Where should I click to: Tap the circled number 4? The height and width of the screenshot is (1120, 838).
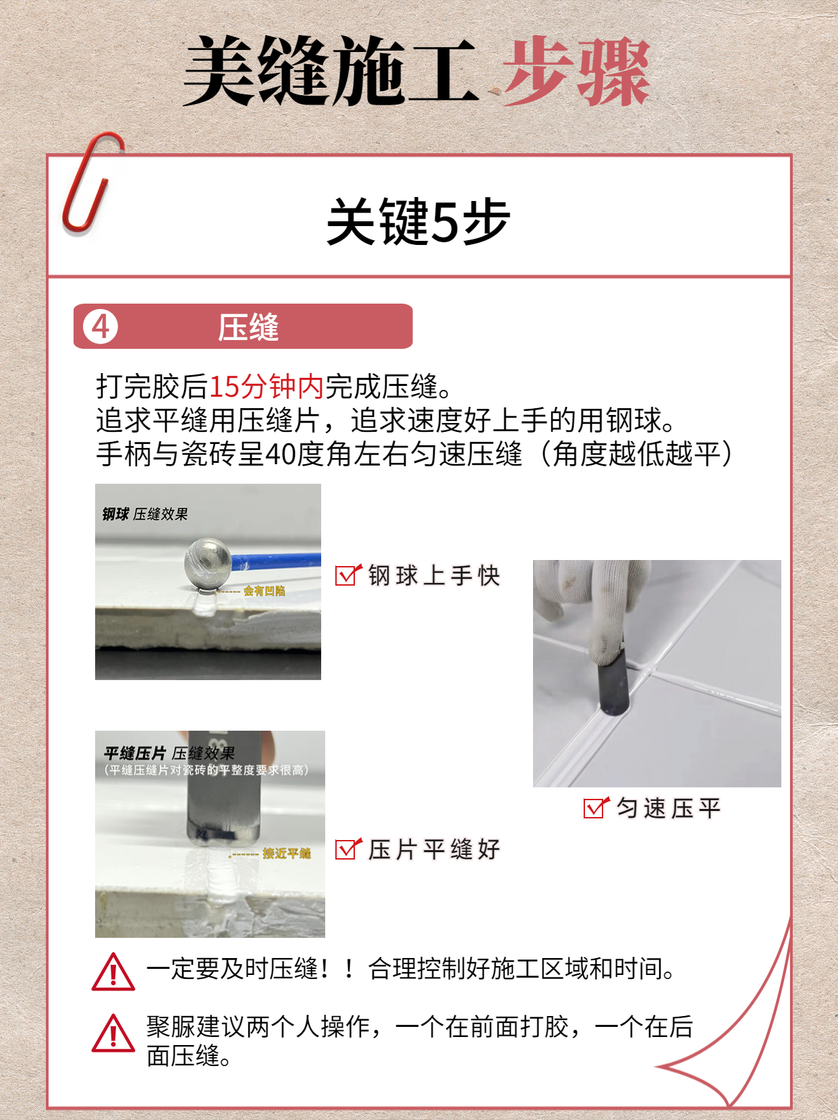[101, 327]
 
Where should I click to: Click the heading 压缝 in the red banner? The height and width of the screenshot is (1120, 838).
[248, 328]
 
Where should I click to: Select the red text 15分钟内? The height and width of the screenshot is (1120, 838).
[267, 387]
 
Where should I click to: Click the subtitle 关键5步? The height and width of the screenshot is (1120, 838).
[418, 221]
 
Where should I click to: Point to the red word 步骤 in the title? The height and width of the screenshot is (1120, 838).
[577, 72]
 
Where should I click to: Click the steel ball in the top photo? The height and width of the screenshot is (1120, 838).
[208, 561]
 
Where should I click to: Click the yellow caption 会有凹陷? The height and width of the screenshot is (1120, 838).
[264, 591]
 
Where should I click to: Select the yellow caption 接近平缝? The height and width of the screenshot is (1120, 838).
[286, 853]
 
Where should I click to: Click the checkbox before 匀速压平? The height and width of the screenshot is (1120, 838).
[595, 808]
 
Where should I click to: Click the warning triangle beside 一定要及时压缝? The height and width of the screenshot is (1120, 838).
[113, 972]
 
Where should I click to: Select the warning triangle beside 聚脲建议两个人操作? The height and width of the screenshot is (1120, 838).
[113, 1034]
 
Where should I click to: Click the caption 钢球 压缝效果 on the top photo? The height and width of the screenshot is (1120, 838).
[145, 514]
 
